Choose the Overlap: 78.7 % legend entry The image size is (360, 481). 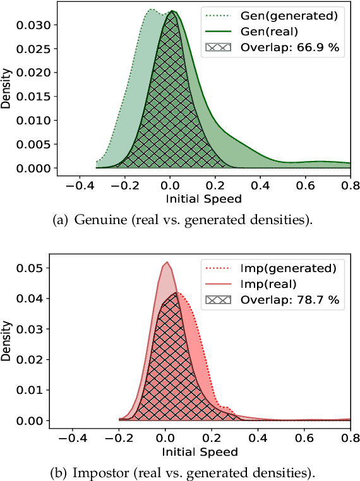(278, 300)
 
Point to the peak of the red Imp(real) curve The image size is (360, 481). (166, 263)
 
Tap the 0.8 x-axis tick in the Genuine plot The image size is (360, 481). (349, 187)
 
